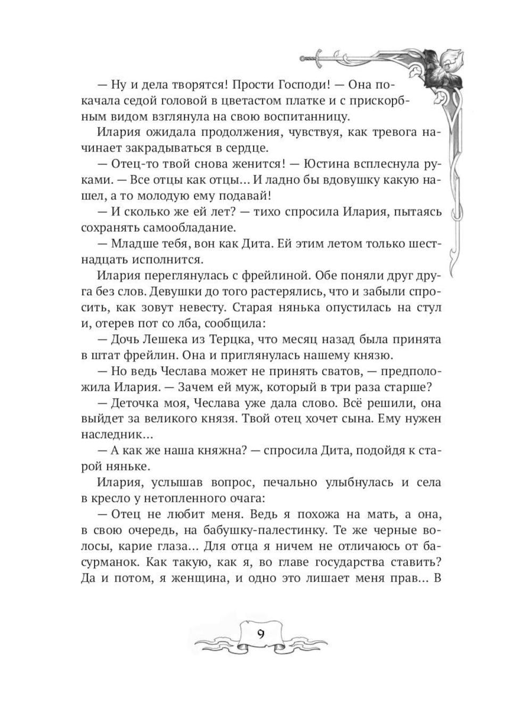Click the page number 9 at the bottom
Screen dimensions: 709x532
[x=261, y=634]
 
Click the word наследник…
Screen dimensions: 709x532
[x=112, y=435]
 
